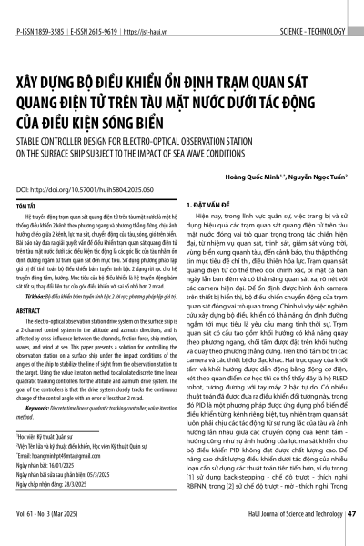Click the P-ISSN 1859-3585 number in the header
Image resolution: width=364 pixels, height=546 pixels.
point(40,7)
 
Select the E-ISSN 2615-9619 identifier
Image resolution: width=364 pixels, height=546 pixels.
point(101,7)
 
